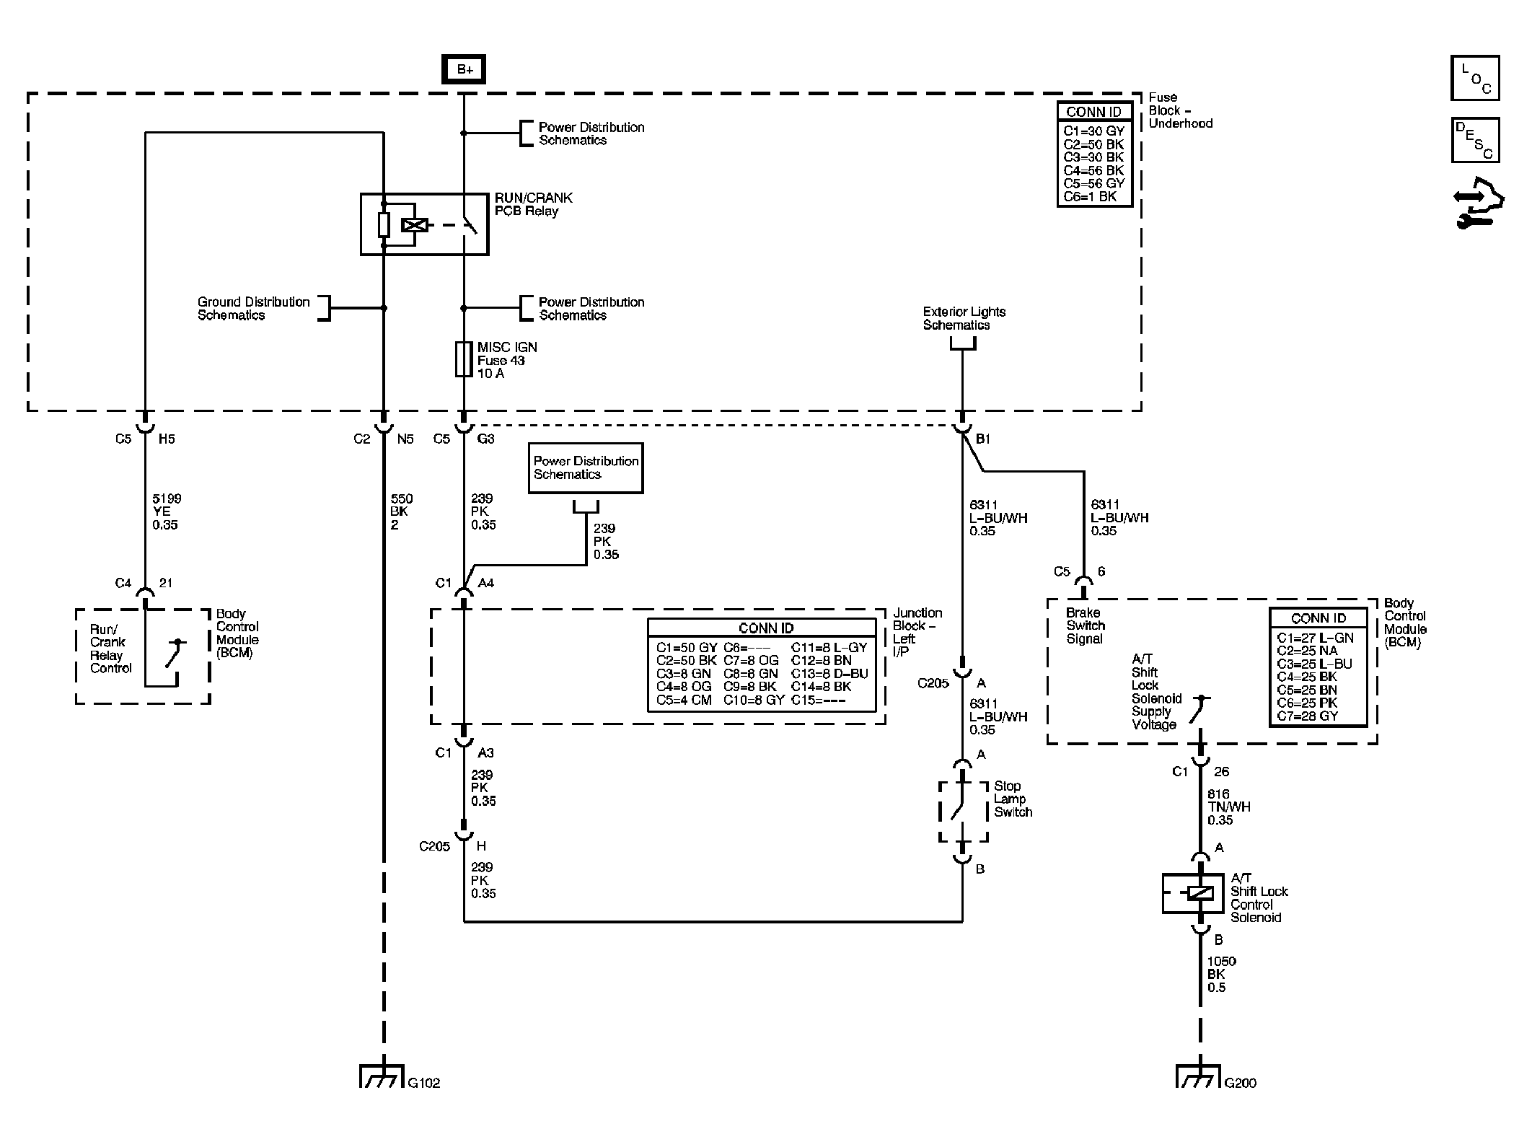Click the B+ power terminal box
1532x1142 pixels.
pyautogui.click(x=465, y=70)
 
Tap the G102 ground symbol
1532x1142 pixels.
pyautogui.click(x=382, y=1076)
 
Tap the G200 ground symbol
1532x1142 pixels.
pyautogui.click(x=1198, y=1076)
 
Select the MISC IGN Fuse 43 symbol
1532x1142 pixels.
pyautogui.click(x=463, y=359)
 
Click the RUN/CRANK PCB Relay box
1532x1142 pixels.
pyautogui.click(x=424, y=224)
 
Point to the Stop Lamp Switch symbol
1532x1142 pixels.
pyautogui.click(x=962, y=812)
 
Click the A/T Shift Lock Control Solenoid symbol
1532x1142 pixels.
pyautogui.click(x=1193, y=893)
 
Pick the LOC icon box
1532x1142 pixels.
pyautogui.click(x=1474, y=78)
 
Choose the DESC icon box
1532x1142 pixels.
pyautogui.click(x=1474, y=140)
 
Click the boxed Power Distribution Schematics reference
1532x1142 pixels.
pyautogui.click(x=585, y=468)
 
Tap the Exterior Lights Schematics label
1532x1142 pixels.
pyautogui.click(x=964, y=318)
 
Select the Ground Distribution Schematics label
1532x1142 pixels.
pyautogui.click(x=253, y=308)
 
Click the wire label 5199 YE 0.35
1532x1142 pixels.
pyautogui.click(x=167, y=511)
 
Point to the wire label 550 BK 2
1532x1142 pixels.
pyautogui.click(x=401, y=511)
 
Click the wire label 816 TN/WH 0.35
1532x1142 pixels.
pyautogui.click(x=1228, y=807)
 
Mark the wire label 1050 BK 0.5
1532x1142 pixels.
pyautogui.click(x=1221, y=974)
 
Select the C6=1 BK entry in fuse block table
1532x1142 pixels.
pyautogui.click(x=1089, y=196)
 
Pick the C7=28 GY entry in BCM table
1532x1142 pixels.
pyautogui.click(x=1307, y=716)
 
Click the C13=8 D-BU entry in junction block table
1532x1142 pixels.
pyautogui.click(x=829, y=674)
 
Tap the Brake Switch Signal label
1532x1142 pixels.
pyautogui.click(x=1085, y=625)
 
